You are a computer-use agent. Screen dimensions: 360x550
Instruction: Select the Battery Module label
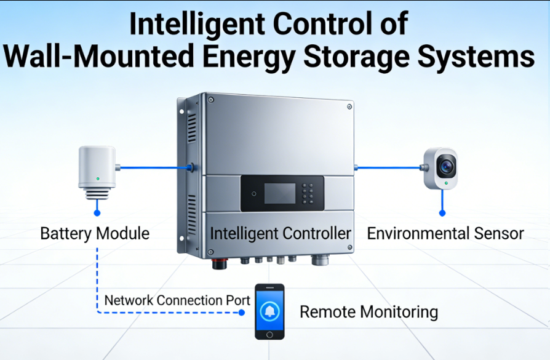(x=95, y=234)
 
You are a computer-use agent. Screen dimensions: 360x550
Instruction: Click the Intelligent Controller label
(x=281, y=234)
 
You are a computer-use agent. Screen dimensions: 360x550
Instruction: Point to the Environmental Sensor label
(x=445, y=234)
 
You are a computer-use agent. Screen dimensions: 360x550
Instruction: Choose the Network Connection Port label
(x=177, y=300)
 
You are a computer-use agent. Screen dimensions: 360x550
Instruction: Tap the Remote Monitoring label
(x=369, y=311)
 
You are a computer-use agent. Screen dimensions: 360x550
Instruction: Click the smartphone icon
(x=269, y=311)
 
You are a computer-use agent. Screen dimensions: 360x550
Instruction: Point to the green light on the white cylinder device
(x=97, y=179)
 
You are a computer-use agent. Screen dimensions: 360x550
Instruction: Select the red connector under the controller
(x=218, y=264)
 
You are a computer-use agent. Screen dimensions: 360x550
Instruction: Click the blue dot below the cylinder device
(x=97, y=212)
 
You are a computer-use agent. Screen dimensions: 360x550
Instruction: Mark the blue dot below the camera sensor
(x=442, y=213)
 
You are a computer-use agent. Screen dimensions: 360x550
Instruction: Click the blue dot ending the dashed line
(x=241, y=312)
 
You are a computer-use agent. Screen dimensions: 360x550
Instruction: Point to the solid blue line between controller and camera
(x=388, y=167)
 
